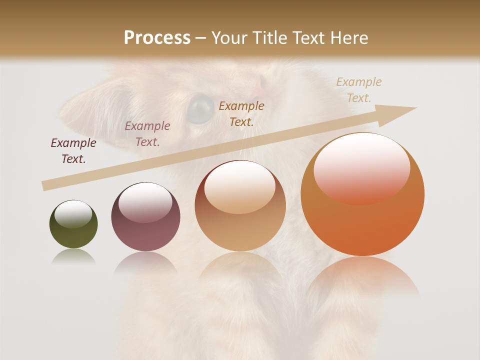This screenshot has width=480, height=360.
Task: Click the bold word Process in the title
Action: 157,38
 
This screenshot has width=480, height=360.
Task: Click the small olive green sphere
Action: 73,224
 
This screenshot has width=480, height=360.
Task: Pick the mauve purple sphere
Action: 145,216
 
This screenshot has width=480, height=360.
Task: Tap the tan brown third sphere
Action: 240,206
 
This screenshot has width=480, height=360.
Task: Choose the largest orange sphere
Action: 362,194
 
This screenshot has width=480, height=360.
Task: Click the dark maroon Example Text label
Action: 73,151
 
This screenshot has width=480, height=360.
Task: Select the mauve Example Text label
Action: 147,134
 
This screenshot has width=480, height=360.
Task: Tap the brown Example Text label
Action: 241,113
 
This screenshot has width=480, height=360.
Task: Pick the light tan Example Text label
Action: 359,90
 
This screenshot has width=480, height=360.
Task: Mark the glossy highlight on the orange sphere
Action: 361,168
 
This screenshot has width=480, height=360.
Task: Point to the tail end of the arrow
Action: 45,186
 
